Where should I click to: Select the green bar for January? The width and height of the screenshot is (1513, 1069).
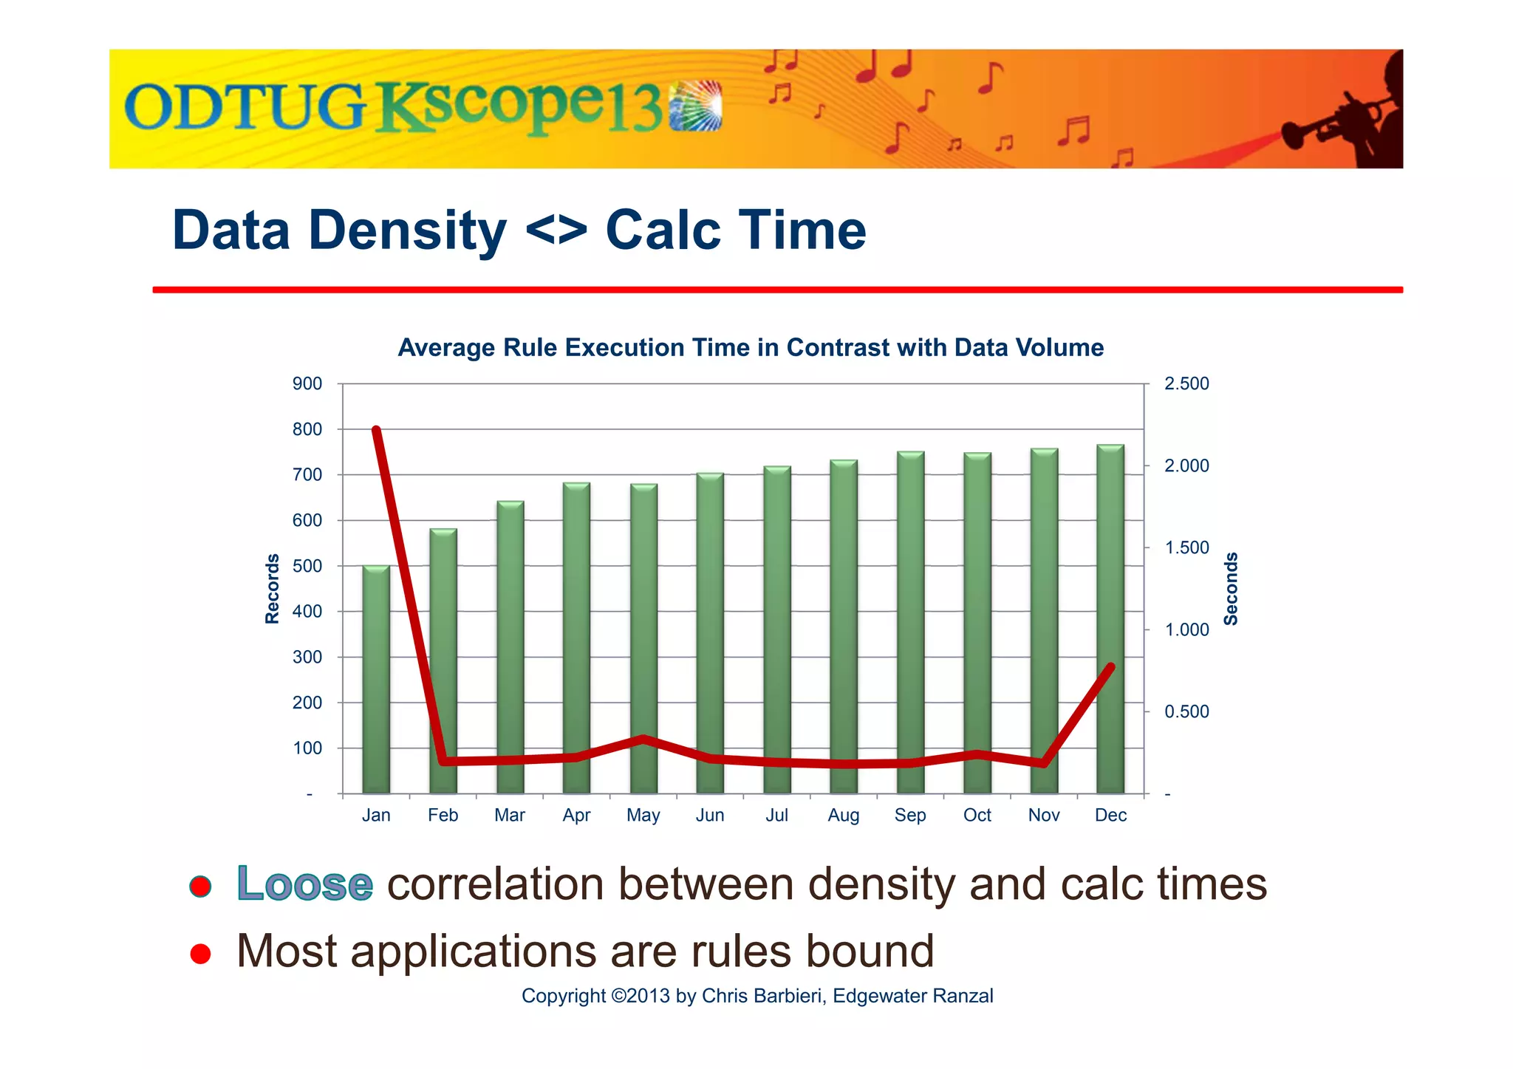click(376, 680)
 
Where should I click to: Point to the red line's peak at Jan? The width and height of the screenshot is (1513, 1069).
click(376, 430)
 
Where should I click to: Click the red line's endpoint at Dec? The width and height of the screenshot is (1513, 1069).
click(1110, 667)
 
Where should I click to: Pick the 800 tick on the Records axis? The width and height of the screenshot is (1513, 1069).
click(307, 429)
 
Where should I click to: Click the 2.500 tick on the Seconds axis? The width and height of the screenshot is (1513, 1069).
click(1186, 383)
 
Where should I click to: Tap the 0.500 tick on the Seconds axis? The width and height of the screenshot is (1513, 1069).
click(1186, 711)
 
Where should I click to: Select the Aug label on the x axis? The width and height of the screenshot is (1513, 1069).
click(843, 815)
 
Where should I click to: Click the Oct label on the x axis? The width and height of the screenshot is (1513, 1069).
click(977, 815)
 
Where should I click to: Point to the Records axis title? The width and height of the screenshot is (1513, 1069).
click(273, 589)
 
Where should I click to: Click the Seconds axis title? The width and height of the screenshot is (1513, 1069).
click(1231, 589)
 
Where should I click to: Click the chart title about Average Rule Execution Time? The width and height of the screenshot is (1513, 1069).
click(751, 347)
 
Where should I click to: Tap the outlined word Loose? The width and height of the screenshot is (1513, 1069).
click(304, 884)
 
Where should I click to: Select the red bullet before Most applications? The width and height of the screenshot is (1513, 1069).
click(200, 954)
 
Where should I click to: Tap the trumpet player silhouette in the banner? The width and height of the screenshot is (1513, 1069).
click(1359, 111)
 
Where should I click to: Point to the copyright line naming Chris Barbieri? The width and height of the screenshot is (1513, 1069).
click(757, 996)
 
